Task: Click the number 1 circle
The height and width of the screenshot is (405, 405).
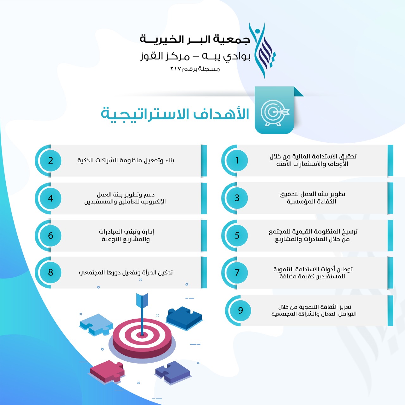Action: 237,160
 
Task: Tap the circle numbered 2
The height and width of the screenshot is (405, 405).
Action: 51,160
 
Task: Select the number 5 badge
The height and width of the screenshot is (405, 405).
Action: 237,235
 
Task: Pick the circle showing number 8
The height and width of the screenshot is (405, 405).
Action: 51,272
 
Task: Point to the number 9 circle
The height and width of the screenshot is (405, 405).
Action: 240,310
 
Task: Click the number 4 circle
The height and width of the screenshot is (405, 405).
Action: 51,198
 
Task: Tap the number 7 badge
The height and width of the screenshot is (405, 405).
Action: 237,272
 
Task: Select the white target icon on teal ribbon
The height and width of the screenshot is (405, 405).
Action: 275,113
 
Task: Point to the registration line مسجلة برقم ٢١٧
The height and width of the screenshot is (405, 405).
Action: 195,69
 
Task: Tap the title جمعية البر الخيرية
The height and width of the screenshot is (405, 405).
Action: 195,39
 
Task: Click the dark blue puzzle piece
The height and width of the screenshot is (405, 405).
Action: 184,318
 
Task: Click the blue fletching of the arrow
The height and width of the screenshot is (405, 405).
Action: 142,300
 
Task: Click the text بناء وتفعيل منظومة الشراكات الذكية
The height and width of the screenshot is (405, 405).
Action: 126,160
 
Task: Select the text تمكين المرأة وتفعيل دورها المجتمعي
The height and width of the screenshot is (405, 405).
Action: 126,273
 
